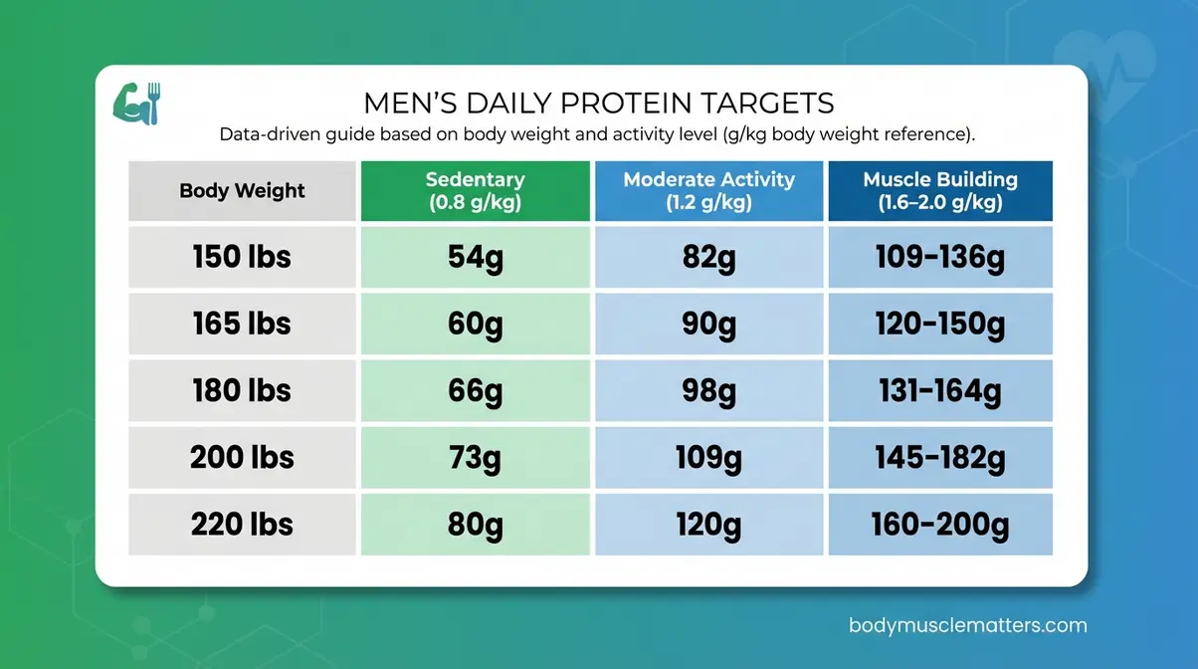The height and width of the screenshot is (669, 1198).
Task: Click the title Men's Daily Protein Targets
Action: click(598, 103)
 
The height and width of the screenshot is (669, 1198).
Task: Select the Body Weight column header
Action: click(242, 190)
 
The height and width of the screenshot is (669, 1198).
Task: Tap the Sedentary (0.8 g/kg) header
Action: click(475, 190)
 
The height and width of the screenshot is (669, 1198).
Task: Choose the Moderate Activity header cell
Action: click(708, 190)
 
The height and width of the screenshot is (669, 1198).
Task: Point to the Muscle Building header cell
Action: click(939, 190)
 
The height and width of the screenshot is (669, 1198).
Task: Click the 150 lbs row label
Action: click(242, 257)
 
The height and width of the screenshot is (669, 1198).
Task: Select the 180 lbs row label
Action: click(242, 390)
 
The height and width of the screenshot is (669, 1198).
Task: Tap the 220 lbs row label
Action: click(242, 524)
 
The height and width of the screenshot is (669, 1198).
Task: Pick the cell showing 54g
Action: click(475, 257)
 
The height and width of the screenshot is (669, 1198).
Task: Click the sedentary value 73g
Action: click(475, 457)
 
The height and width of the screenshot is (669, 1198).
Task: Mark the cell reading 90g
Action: click(708, 324)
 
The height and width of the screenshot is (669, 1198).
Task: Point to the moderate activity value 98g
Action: click(708, 390)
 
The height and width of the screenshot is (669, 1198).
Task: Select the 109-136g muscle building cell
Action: click(939, 257)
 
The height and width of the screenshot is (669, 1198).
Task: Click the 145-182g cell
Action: click(939, 457)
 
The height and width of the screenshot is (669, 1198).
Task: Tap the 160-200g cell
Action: click(939, 524)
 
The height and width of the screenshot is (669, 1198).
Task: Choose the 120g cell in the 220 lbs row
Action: click(708, 524)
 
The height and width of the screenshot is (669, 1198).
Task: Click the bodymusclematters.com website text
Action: click(967, 626)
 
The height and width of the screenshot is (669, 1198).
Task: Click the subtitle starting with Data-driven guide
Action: click(598, 133)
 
